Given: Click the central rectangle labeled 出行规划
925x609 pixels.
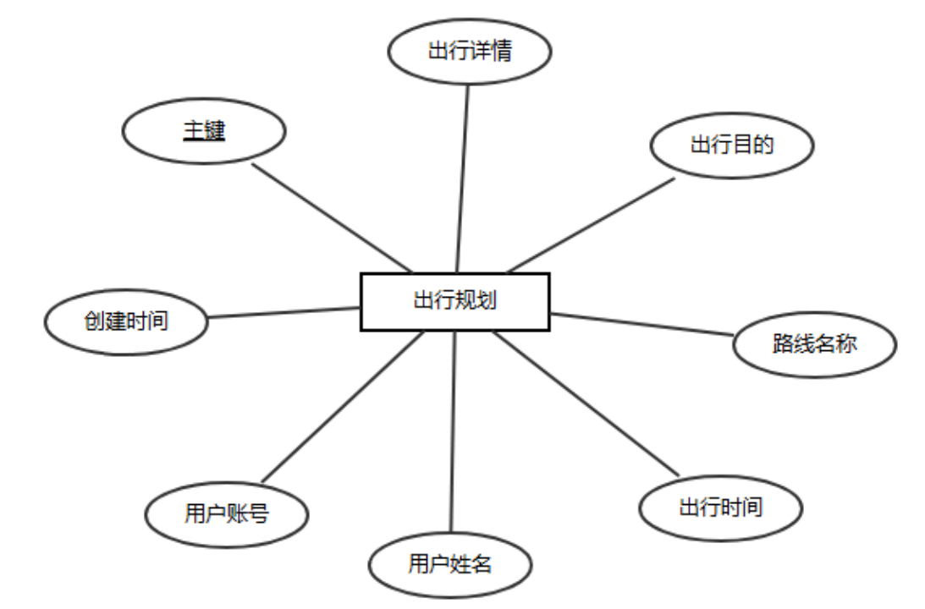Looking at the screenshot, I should click(x=455, y=302).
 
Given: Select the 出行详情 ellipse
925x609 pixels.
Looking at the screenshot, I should click(x=470, y=51).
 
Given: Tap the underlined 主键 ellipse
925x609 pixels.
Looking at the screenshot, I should click(x=204, y=132).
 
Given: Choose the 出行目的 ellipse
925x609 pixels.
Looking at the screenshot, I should click(x=732, y=145).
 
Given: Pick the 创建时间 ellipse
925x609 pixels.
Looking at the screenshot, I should click(x=125, y=321).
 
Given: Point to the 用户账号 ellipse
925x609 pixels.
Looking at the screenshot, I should click(x=226, y=513).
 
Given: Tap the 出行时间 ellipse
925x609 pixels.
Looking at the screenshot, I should click(x=720, y=507).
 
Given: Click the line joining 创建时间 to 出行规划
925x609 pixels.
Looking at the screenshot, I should click(x=284, y=313).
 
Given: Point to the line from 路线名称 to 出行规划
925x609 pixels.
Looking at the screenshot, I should click(x=641, y=324).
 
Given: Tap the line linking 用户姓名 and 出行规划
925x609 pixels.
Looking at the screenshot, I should click(x=453, y=431).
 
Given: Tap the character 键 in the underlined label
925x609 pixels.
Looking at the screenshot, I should click(x=215, y=131).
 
